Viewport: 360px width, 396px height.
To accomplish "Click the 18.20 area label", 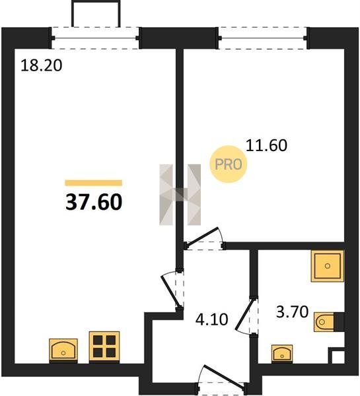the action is [41, 65].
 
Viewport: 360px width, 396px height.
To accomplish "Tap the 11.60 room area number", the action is [266, 145].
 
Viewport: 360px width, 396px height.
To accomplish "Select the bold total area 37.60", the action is [94, 203].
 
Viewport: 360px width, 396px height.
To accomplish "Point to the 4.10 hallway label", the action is [211, 319].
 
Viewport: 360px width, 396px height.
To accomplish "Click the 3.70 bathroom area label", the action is [292, 312].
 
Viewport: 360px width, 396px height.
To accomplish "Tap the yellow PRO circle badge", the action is [229, 164].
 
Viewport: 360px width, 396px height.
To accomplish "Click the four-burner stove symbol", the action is [104, 347].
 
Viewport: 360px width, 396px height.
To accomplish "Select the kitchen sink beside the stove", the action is [63, 350].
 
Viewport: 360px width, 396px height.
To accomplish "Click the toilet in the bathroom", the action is [329, 322].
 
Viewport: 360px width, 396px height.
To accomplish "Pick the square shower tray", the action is [328, 266].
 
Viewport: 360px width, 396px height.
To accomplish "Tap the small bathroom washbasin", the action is [282, 354].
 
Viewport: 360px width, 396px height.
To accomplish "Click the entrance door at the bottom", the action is [224, 376].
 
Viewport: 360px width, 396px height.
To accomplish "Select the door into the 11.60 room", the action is [201, 237].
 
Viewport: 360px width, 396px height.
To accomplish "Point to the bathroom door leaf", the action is [244, 314].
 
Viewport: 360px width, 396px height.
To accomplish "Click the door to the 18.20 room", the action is [171, 290].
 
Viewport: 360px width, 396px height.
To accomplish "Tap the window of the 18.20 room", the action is [95, 38].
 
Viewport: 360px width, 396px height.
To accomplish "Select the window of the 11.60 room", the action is [263, 38].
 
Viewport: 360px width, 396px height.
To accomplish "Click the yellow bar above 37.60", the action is [94, 183].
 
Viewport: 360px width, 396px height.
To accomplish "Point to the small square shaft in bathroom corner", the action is [336, 356].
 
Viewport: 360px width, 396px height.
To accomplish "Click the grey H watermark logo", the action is [180, 195].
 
